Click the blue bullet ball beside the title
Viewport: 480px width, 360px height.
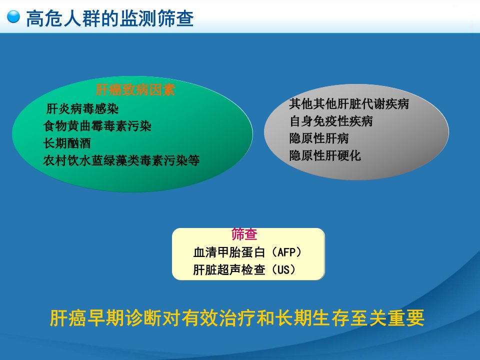tap(13, 17)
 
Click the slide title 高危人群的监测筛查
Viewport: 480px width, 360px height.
tap(110, 18)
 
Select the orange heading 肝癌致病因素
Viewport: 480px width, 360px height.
tap(135, 90)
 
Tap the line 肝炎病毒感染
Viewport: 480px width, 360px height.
tap(82, 108)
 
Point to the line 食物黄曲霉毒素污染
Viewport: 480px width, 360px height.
tap(97, 126)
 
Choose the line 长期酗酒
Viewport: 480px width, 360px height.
tap(67, 143)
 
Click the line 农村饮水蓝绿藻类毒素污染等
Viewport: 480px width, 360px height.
tap(121, 160)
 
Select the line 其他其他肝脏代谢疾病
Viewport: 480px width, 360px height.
tap(349, 104)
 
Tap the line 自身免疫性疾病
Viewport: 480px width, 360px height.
tap(331, 121)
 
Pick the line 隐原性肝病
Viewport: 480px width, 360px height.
tap(319, 138)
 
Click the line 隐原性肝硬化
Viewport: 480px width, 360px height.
tap(325, 155)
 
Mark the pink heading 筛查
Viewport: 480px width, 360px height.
tap(244, 234)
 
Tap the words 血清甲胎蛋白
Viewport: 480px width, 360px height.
tap(229, 252)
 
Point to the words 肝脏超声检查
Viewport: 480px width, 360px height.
tap(229, 269)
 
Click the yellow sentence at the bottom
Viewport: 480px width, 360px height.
tap(237, 318)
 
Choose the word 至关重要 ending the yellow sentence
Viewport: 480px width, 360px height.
tap(387, 318)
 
